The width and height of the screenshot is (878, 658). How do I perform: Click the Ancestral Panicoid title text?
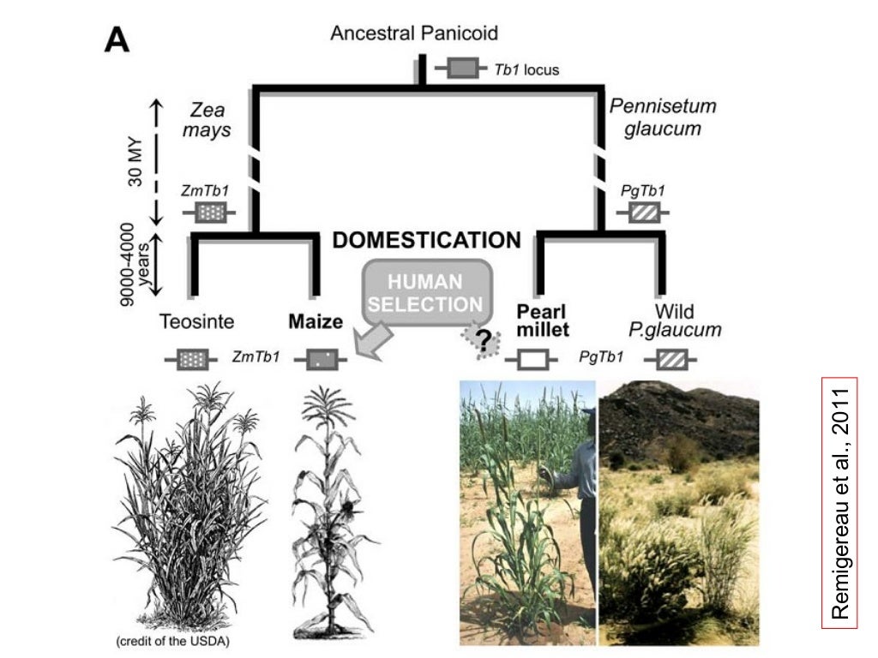point(414,33)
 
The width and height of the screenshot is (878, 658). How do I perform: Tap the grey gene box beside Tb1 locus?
point(463,69)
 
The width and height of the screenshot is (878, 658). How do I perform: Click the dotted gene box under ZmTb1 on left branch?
point(208,211)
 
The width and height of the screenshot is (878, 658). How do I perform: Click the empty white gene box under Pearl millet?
point(533,360)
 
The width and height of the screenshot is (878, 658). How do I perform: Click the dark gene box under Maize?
point(322,360)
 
